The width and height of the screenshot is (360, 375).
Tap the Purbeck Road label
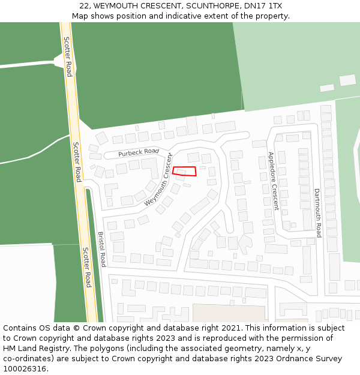coord(138,153)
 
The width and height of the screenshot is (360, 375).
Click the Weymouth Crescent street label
coord(158,179)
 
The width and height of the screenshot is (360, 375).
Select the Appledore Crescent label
coord(273,180)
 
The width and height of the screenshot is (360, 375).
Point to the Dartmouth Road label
coord(318,212)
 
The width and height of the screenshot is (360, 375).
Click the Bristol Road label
coord(102,249)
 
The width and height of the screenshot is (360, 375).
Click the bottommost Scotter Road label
coord(87,267)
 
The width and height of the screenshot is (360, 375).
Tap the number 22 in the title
coord(84,6)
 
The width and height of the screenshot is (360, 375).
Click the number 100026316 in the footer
coord(25,368)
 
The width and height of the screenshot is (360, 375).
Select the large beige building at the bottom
coord(229,313)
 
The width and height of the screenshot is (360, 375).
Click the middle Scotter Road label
coord(77,162)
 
